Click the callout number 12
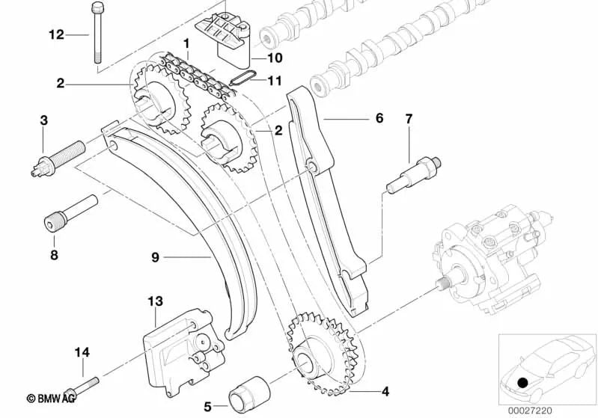tap(56, 35)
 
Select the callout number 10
tap(275, 58)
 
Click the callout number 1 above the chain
tap(186, 44)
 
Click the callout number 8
tap(54, 254)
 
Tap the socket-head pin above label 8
tap(70, 212)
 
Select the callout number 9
tap(155, 257)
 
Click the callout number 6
tap(379, 118)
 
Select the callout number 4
tap(385, 391)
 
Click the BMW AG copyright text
tap(51, 399)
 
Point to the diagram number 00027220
tap(530, 411)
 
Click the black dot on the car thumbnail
tap(522, 382)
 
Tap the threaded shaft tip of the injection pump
tap(442, 284)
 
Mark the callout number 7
tap(409, 119)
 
